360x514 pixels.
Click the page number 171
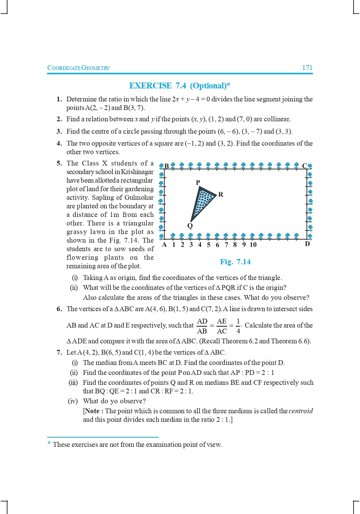coord(307,68)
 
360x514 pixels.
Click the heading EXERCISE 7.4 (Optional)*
coord(180,86)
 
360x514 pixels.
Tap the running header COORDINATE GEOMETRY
coord(79,68)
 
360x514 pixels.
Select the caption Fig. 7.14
coord(235,262)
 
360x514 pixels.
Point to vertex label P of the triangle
coord(198,182)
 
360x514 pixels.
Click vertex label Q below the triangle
coord(190,226)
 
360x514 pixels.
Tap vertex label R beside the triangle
coord(221,195)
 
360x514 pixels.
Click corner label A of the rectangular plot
coord(164,245)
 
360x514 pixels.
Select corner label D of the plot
coord(307,244)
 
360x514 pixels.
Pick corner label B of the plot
coord(167,166)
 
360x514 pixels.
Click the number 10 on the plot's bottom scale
coord(253,245)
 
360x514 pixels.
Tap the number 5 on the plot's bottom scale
coord(208,245)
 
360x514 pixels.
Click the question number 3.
coord(59,131)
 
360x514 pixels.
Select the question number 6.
coord(59,309)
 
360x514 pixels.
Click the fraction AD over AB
coord(202,326)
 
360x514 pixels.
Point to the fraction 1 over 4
coord(238,326)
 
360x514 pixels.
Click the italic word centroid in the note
coord(301,411)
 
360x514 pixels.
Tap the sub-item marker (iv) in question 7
coord(73,401)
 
